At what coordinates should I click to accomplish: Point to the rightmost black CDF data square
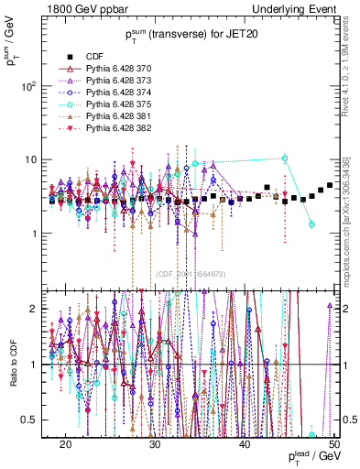[330, 186]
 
